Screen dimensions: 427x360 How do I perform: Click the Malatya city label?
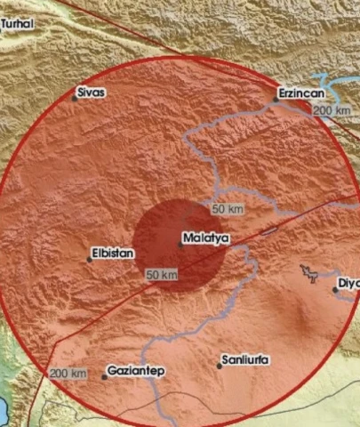[206, 238]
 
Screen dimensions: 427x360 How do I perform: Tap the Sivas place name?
[92, 92]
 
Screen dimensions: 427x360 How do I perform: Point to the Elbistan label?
[115, 254]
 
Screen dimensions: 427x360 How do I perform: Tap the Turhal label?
[17, 24]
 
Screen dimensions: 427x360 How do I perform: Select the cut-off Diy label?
[349, 284]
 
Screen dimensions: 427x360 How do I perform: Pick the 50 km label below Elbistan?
[162, 276]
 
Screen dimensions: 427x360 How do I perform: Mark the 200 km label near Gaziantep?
[68, 374]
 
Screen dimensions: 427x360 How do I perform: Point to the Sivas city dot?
[75, 98]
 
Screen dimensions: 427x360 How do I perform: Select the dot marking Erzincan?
[276, 101]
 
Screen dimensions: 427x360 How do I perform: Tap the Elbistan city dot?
[90, 259]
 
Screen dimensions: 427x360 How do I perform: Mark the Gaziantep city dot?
[104, 376]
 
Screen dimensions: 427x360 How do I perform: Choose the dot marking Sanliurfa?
[219, 366]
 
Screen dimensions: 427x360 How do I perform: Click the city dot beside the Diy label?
[335, 289]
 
